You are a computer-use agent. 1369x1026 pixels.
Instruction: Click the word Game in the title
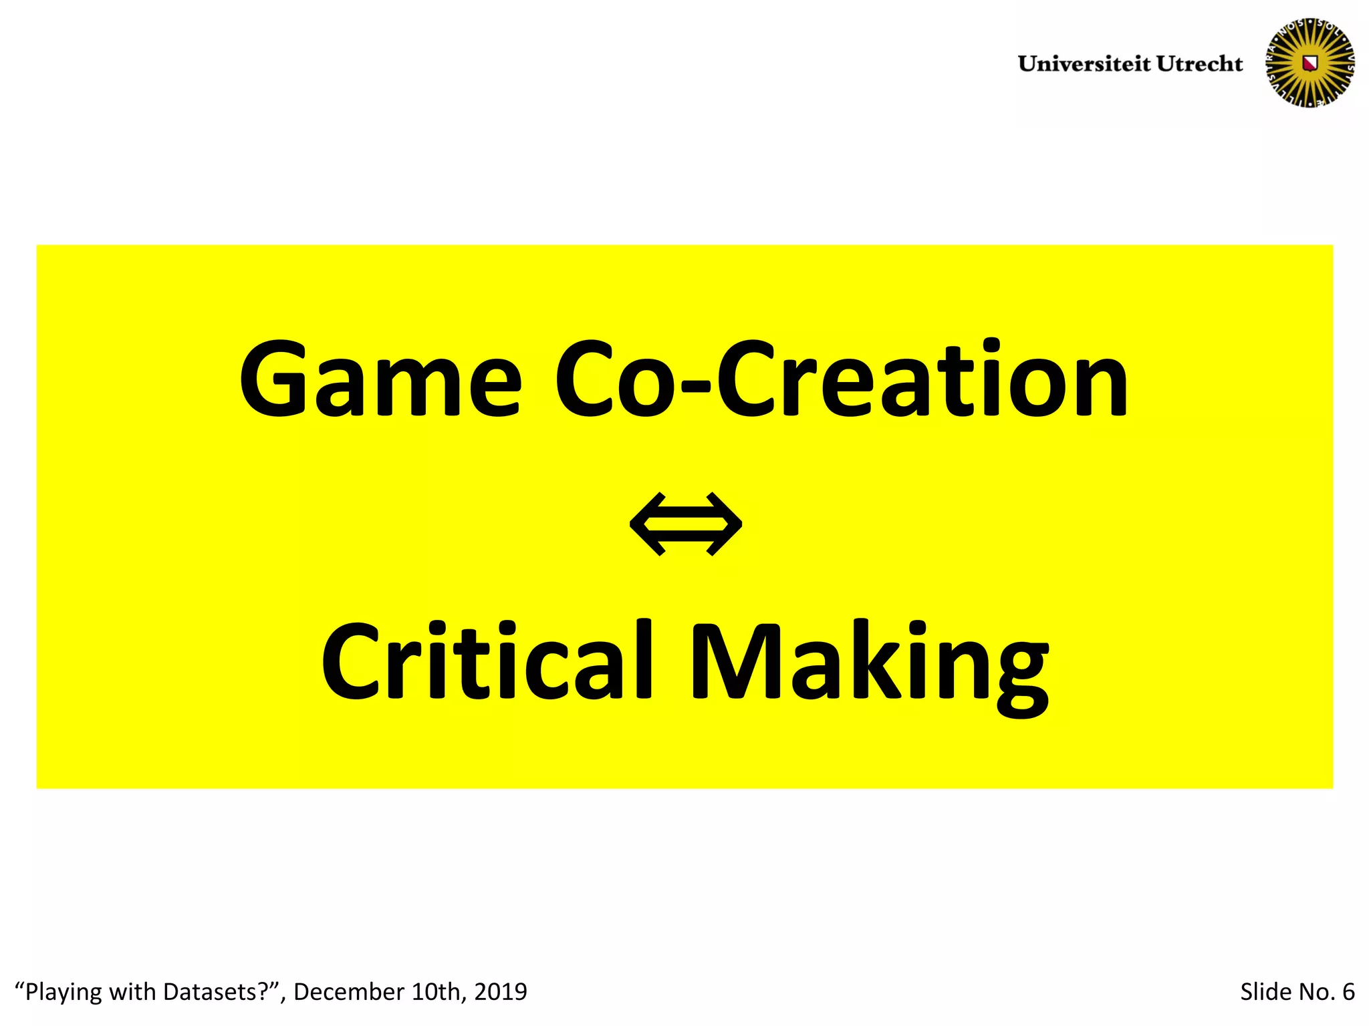(380, 380)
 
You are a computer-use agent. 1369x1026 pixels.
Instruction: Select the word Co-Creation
(841, 379)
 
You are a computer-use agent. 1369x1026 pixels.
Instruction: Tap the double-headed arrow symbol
(685, 524)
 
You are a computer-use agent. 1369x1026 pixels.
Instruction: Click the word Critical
(487, 661)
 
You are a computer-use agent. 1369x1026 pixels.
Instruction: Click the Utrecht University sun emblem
(1310, 63)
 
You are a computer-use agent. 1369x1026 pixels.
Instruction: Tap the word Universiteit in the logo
(1084, 64)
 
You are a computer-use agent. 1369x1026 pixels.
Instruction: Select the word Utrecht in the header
(1199, 64)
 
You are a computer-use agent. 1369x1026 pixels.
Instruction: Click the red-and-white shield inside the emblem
(1310, 63)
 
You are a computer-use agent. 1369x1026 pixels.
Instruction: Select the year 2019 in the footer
(501, 992)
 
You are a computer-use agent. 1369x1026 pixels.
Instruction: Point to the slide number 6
(1348, 992)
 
